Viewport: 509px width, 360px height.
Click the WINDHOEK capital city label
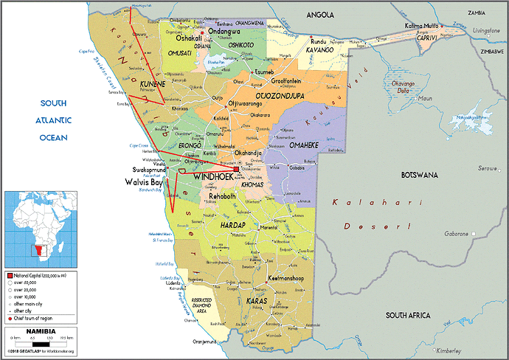click(x=214, y=178)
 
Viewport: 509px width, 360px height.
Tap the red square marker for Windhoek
click(x=236, y=170)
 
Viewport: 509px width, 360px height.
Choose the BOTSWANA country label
click(x=419, y=175)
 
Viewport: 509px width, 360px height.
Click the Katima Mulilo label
click(x=422, y=26)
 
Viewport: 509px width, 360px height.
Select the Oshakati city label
click(x=187, y=38)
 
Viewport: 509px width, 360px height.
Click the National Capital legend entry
click(x=37, y=274)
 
